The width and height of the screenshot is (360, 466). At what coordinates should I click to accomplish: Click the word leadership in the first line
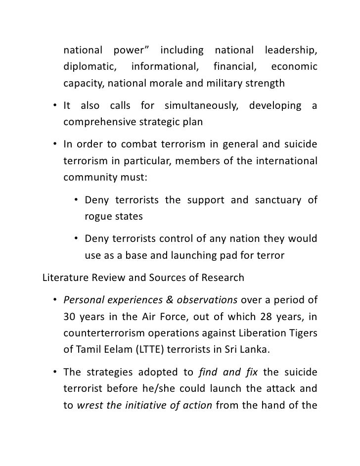tap(291, 50)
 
